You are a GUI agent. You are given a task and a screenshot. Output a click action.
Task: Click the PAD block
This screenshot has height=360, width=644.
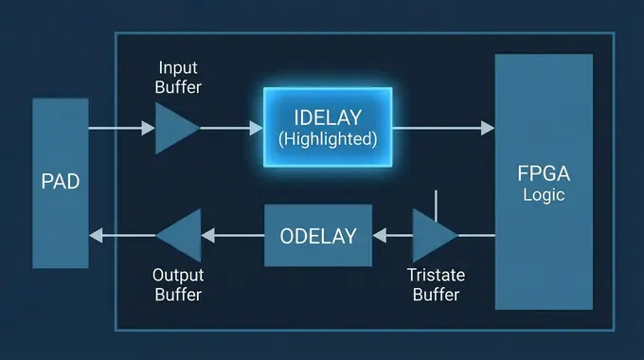click(60, 182)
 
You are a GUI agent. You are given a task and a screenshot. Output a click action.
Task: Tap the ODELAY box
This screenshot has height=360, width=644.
click(318, 235)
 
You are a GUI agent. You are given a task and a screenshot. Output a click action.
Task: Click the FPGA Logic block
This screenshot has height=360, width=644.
click(543, 182)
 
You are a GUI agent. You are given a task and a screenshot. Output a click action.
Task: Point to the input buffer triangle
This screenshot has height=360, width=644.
click(174, 127)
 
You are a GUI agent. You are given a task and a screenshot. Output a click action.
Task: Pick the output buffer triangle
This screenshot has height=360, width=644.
click(182, 235)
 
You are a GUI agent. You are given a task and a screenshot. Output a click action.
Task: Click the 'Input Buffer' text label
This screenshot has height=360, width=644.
click(178, 78)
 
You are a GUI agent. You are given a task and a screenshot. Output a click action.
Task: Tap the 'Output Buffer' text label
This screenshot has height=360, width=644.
click(177, 284)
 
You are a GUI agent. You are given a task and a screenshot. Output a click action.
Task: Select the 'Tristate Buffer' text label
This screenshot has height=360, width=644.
click(435, 284)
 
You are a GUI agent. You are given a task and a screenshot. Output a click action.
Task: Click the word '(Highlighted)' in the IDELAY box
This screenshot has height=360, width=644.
click(328, 138)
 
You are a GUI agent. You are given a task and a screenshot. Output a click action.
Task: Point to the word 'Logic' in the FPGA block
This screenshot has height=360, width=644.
click(543, 195)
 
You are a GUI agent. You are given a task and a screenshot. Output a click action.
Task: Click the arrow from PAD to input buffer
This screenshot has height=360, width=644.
click(120, 127)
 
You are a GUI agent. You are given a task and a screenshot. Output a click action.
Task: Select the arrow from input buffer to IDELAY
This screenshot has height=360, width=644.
click(230, 127)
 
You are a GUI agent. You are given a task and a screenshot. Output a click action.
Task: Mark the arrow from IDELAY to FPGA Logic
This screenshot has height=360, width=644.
click(442, 127)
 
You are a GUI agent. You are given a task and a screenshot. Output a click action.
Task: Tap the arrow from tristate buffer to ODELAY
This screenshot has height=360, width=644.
click(392, 235)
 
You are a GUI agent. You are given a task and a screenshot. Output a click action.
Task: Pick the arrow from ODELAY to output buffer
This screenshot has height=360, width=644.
click(233, 235)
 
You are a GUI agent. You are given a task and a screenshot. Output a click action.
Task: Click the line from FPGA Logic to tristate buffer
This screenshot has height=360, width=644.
click(476, 235)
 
